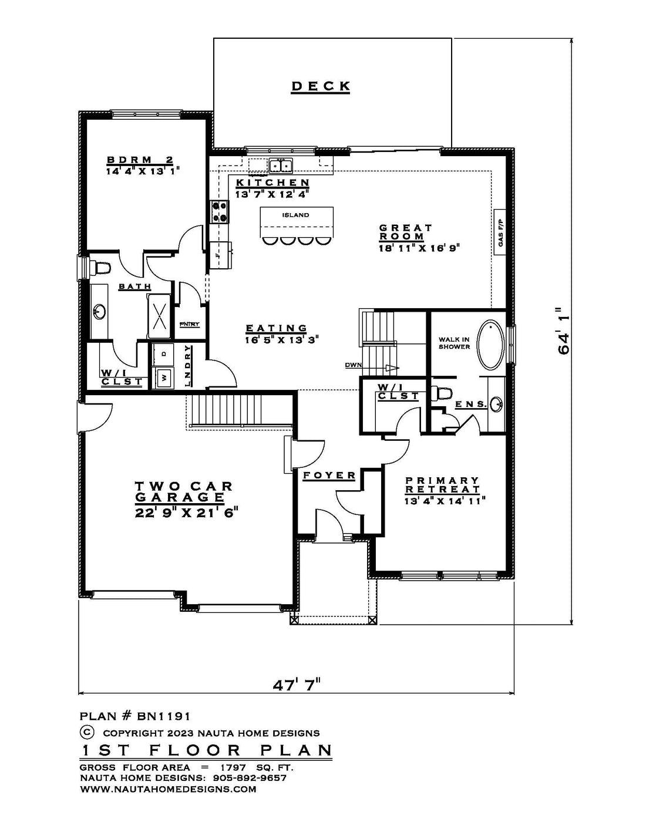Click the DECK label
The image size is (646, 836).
pos(321,86)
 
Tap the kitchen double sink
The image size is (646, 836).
pos(281,166)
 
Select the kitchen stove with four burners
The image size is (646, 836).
pos(219,211)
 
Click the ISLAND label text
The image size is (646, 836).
pos(295,215)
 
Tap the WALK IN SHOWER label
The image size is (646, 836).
pos(455,343)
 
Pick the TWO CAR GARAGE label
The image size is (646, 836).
pos(184,491)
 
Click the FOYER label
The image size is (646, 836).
pos(329,476)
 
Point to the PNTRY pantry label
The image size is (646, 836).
pos(190,324)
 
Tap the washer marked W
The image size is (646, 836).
pos(163,377)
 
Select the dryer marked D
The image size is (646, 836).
pos(163,354)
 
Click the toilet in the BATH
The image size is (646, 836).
pos(100,267)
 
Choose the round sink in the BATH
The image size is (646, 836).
pos(100,311)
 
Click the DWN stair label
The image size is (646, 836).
pos(353,365)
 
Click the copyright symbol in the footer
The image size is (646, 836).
pos(86,732)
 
